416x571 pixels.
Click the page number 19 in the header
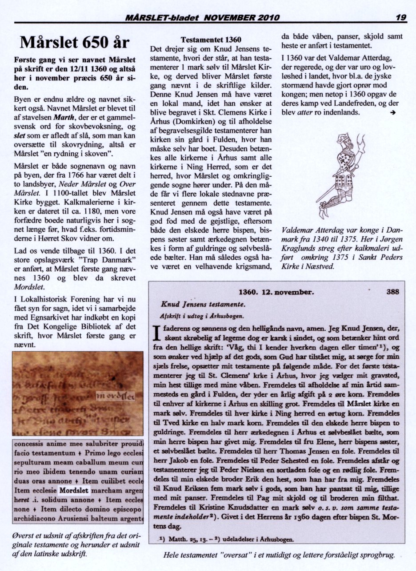pos(401,18)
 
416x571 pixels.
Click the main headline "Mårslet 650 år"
pos(75,43)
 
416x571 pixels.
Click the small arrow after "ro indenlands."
pos(392,113)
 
